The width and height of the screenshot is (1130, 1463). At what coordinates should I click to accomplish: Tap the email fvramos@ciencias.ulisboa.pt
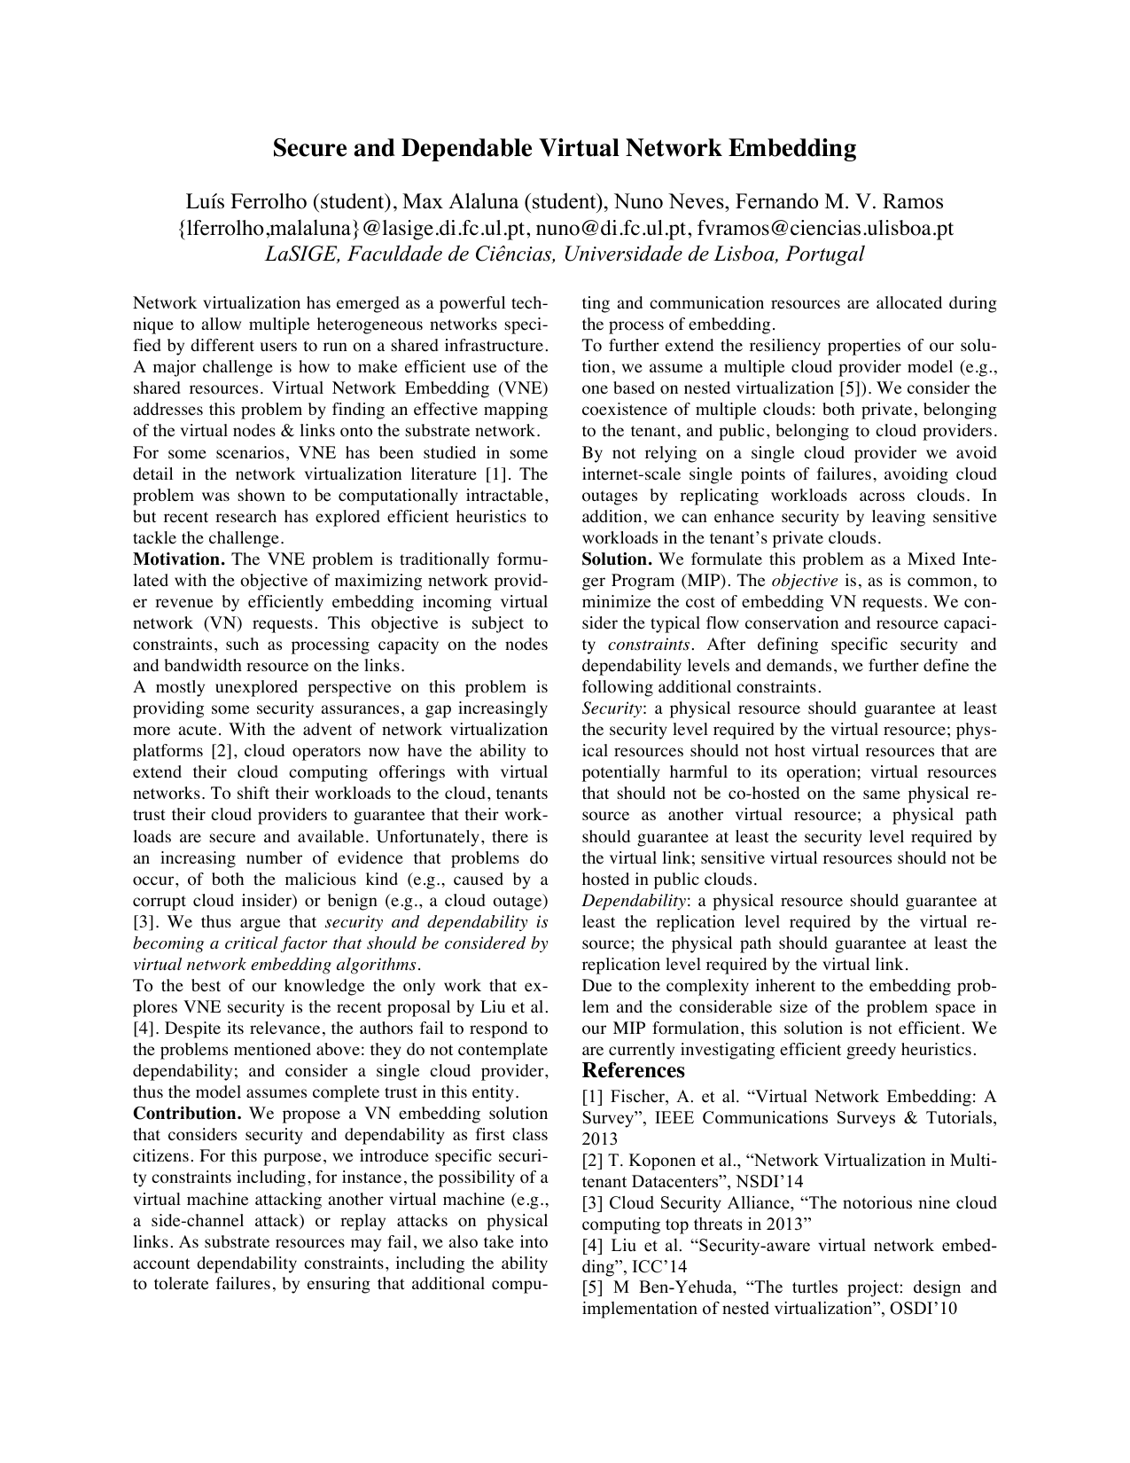pos(825,229)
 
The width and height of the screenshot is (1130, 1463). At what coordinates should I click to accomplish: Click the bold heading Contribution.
pos(187,1115)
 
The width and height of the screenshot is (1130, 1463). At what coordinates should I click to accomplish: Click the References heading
pos(633,1071)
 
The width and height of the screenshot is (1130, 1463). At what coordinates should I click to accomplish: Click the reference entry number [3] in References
pos(593,1203)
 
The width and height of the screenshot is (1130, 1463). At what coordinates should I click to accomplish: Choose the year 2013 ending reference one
pos(600,1139)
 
